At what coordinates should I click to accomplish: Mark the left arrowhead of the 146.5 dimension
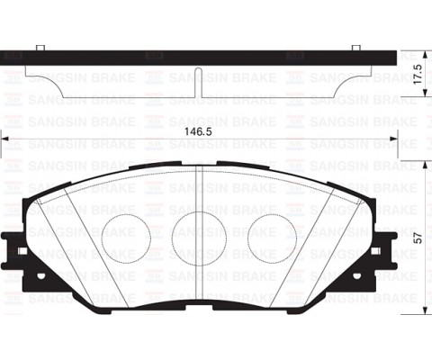(x=5, y=139)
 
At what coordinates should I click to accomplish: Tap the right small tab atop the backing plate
(x=355, y=46)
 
